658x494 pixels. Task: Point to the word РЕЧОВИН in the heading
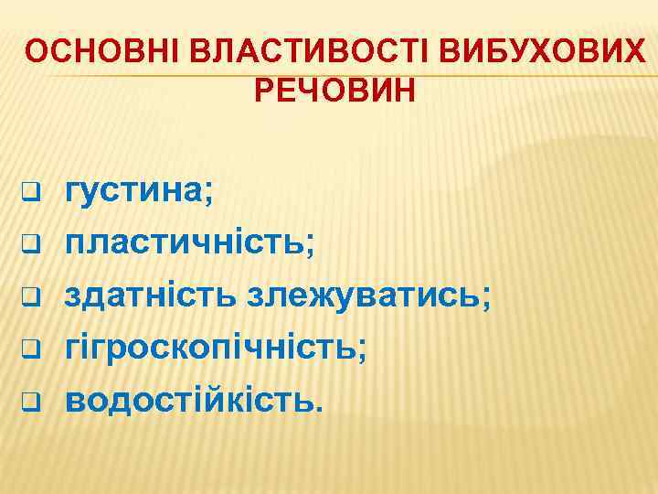pyautogui.click(x=333, y=91)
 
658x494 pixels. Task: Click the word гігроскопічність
pyautogui.click(x=212, y=348)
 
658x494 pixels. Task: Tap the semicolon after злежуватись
pyautogui.click(x=485, y=300)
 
